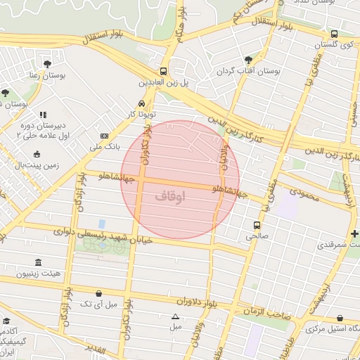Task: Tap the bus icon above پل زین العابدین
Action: (163, 71)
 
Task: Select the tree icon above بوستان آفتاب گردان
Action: (247, 60)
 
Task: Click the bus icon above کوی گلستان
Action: (333, 33)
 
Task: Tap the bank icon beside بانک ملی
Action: (105, 136)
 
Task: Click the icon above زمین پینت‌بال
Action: (37, 155)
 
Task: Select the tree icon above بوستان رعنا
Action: (48, 63)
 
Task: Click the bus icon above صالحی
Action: (257, 225)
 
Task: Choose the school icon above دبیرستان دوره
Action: (42, 115)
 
